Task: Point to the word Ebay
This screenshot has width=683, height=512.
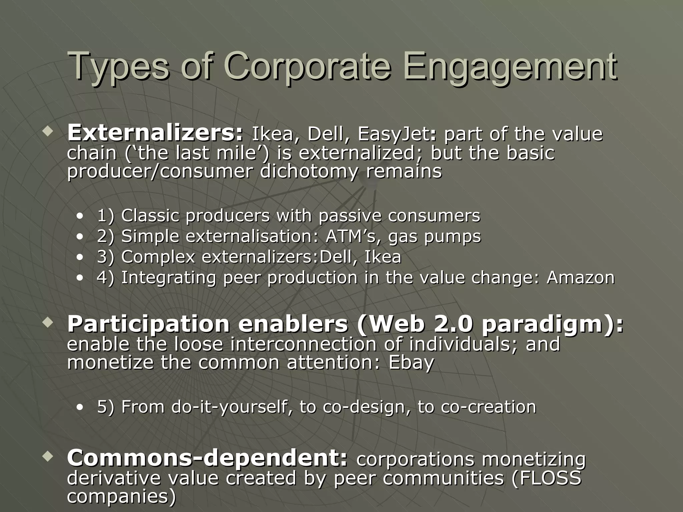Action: (411, 362)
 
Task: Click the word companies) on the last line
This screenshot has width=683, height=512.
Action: (121, 496)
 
